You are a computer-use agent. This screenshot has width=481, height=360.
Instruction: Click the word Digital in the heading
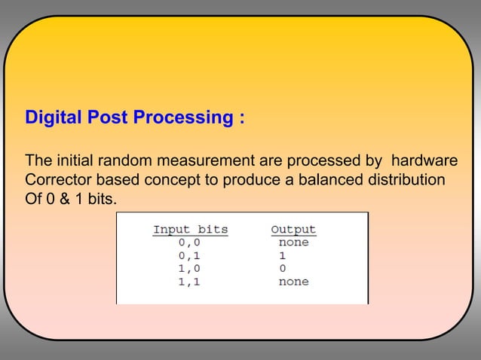pos(54,119)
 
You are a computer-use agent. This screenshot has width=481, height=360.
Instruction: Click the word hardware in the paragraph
pos(425,162)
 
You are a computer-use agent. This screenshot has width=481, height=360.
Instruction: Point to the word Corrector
pos(58,182)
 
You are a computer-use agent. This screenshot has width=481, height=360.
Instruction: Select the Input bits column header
pos(190,229)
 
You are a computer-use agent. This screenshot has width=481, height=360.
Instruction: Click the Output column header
pos(293,229)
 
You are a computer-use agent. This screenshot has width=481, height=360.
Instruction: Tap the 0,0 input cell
pos(190,243)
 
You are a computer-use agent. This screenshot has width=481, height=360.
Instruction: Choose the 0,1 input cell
pos(190,255)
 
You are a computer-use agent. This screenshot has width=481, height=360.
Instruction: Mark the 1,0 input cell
pos(190,268)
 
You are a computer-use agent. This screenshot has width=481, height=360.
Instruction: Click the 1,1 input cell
pos(190,282)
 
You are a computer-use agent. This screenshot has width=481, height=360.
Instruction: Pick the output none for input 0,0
pos(293,243)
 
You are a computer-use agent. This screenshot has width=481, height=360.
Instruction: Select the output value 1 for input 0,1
pos(283,255)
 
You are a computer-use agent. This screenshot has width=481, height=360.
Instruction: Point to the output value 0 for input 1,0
pos(283,268)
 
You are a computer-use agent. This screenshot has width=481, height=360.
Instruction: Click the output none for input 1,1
pos(293,282)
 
